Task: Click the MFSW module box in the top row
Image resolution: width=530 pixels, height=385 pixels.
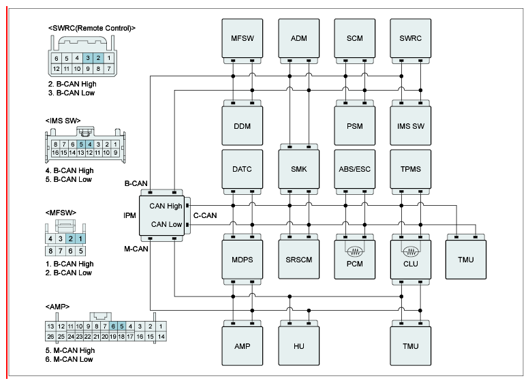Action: click(x=242, y=38)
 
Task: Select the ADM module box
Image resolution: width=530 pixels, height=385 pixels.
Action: click(x=299, y=38)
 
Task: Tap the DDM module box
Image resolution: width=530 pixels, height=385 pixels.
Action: click(x=242, y=126)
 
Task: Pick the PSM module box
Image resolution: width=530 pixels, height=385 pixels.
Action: click(x=354, y=126)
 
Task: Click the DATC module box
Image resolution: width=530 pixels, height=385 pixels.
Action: click(x=242, y=169)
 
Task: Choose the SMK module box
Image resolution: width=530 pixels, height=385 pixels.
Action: click(x=299, y=169)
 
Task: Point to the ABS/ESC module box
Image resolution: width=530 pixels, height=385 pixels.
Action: click(x=354, y=169)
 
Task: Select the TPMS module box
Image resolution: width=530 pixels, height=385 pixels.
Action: click(x=411, y=169)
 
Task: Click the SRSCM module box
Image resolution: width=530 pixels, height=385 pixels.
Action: click(x=299, y=259)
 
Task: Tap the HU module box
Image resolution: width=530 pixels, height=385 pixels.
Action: click(x=299, y=345)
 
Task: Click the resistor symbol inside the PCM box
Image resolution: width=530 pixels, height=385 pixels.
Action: click(x=355, y=251)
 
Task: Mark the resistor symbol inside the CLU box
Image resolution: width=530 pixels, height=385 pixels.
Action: click(x=411, y=251)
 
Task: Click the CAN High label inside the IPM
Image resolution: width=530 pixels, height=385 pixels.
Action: click(x=166, y=206)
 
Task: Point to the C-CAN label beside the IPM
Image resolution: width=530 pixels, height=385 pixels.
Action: click(x=205, y=215)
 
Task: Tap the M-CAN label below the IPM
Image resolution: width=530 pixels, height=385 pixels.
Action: click(x=136, y=249)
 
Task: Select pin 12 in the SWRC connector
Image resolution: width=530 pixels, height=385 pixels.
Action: click(x=56, y=69)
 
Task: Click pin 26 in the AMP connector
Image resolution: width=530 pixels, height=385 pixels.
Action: click(x=50, y=337)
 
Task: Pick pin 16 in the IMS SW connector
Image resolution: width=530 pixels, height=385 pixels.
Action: click(x=55, y=153)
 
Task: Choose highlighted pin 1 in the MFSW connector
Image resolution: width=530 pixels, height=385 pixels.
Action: click(x=80, y=238)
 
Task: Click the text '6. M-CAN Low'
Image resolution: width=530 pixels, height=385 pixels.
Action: click(x=69, y=359)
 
